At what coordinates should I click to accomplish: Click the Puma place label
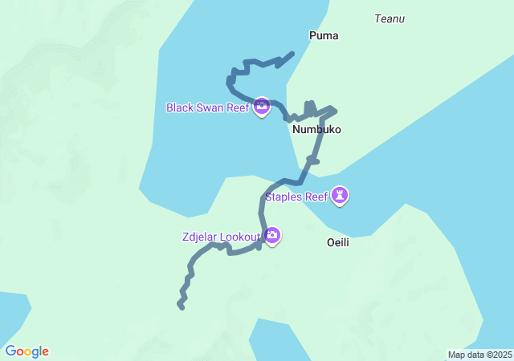[324, 35]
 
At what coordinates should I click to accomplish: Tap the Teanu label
[390, 18]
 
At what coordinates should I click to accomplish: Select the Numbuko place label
[316, 129]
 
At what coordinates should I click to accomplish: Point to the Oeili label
[338, 241]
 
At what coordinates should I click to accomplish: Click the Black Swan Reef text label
[208, 107]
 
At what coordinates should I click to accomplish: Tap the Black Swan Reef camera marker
[261, 106]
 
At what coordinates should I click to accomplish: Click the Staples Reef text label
[297, 197]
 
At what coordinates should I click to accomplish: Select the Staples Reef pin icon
[341, 195]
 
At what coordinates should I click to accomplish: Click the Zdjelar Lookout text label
[221, 237]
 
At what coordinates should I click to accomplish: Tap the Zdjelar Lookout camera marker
[272, 235]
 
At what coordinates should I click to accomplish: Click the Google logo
[27, 351]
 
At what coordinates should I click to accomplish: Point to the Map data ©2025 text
[479, 355]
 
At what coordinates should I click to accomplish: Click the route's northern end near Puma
[292, 54]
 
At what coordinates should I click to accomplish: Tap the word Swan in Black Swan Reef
[210, 107]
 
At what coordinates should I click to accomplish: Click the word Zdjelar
[199, 237]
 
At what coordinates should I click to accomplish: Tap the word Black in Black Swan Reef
[180, 107]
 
